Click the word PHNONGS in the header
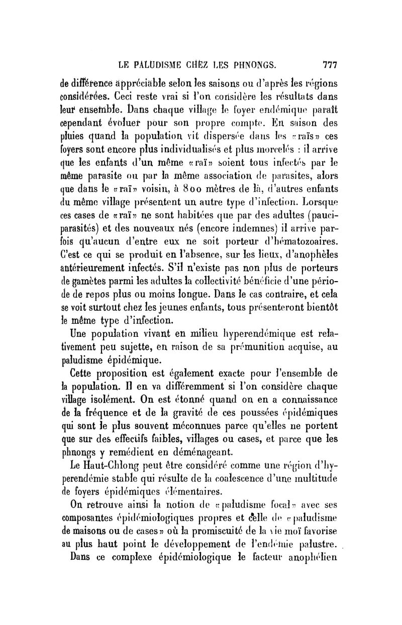248,65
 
